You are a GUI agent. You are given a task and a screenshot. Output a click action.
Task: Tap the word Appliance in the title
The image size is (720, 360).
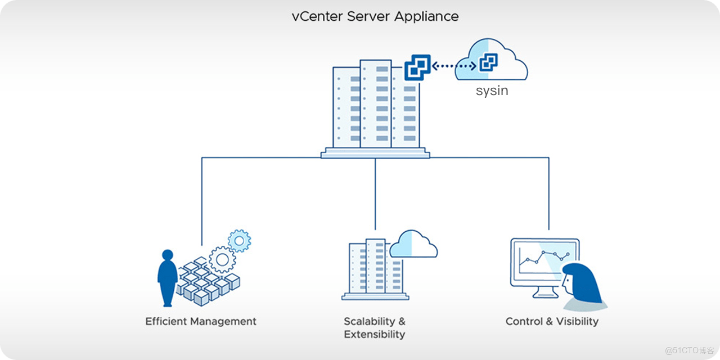click(x=426, y=16)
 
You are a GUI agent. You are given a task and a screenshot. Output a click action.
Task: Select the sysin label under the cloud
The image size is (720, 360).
click(x=492, y=91)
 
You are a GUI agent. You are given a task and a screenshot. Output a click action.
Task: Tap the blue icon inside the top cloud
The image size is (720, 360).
click(x=488, y=62)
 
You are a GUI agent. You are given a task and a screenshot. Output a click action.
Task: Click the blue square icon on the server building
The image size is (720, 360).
click(x=417, y=68)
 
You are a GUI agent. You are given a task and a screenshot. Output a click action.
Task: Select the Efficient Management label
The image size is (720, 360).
click(x=201, y=322)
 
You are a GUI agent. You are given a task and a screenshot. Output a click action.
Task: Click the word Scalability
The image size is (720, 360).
click(x=370, y=322)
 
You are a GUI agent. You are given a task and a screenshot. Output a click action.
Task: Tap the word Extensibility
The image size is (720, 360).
click(x=374, y=335)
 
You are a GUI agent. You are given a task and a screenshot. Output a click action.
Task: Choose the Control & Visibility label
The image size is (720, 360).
click(x=552, y=322)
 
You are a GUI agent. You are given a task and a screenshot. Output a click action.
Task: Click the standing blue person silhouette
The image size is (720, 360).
click(x=167, y=277)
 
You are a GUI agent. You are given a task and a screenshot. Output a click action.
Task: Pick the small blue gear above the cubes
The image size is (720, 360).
click(x=240, y=241)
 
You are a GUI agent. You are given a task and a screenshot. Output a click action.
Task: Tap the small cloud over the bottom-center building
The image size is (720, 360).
click(x=413, y=244)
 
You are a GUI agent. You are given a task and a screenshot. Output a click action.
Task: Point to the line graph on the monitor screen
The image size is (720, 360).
click(x=544, y=258)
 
